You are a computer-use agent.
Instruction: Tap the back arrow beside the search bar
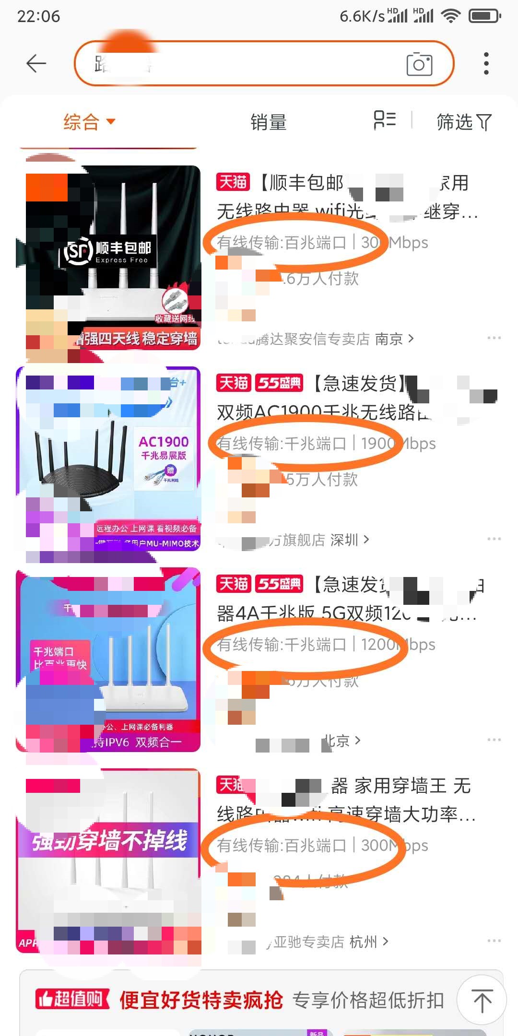pos(36,63)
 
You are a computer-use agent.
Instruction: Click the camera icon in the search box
pos(419,64)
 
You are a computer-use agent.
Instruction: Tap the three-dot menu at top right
pos(486,63)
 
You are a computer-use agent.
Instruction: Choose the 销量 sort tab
pos(268,122)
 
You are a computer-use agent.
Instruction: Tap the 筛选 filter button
pos(463,122)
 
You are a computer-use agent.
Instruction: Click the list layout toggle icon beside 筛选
pos(385,120)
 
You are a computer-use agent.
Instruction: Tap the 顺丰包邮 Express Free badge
pos(108,251)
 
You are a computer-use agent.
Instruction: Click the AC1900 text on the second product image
pos(164,442)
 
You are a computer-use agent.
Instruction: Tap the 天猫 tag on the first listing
pos(233,182)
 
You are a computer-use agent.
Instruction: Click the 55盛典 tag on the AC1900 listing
pos(279,383)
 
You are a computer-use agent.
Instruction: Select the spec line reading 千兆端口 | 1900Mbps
pos(326,444)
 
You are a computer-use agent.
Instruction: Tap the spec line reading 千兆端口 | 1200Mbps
pos(326,645)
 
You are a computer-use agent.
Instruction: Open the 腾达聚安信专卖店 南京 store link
pos(317,339)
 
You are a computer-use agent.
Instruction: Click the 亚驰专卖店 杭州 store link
pos(331,942)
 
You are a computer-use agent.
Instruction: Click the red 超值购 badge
pos(72,1000)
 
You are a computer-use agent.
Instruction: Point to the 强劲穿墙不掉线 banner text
pos(109,841)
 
